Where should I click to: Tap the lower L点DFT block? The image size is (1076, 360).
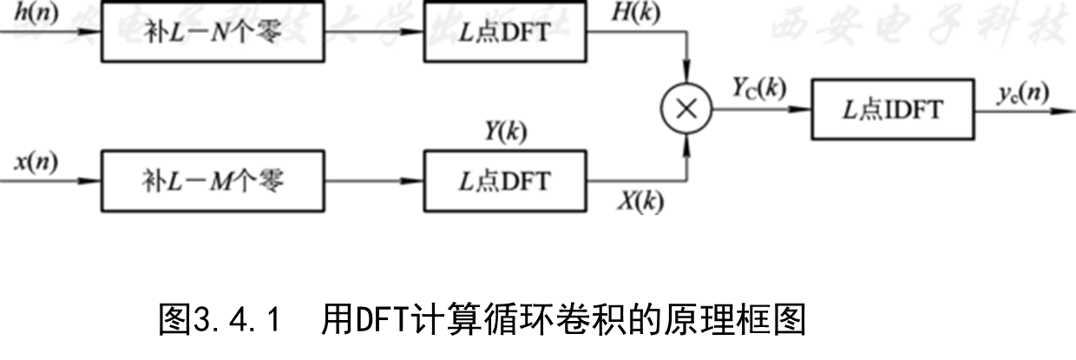click(x=504, y=181)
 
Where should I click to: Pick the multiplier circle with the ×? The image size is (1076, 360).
click(x=686, y=109)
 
